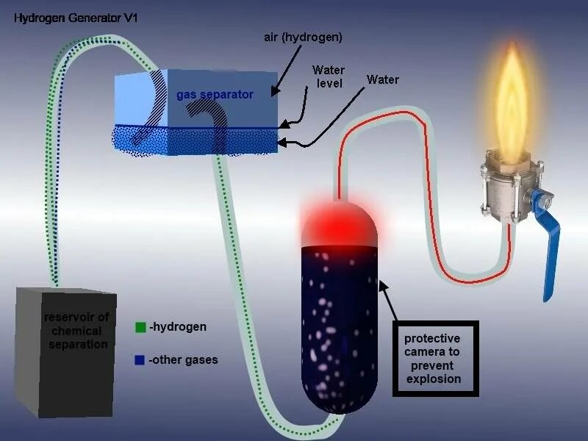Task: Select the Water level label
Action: tap(328, 77)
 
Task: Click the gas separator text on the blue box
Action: tap(215, 95)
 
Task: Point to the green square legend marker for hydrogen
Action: tap(140, 327)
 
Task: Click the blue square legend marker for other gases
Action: tap(140, 360)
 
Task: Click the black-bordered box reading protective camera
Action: tap(435, 359)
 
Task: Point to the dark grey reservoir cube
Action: tap(66, 353)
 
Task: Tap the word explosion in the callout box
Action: tap(433, 379)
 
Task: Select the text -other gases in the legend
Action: tap(183, 360)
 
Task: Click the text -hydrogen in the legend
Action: tap(177, 327)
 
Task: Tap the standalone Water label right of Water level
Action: tap(383, 79)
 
